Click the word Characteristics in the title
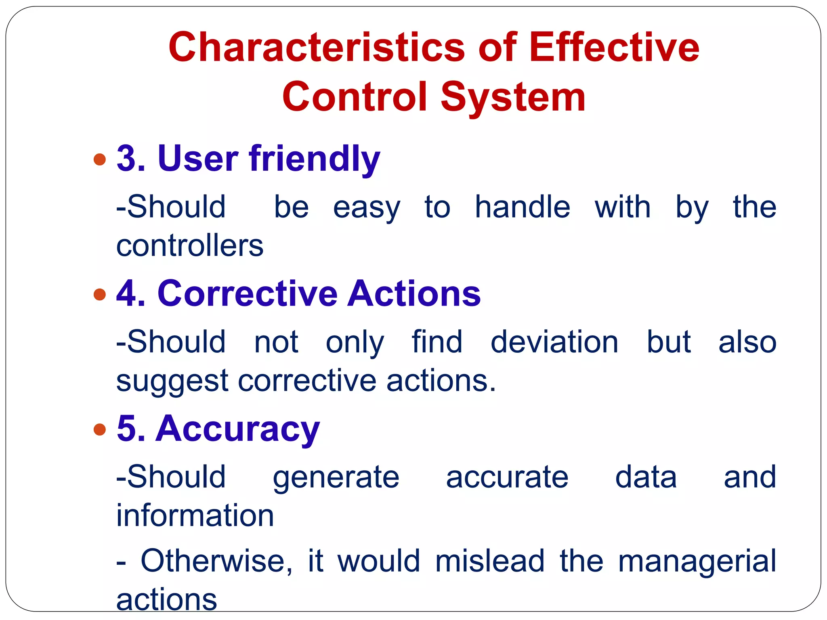point(317,48)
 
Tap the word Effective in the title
point(614,48)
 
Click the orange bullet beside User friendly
point(99,159)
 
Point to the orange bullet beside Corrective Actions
point(99,294)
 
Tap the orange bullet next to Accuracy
point(99,429)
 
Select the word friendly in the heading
point(315,158)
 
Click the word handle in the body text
point(522,207)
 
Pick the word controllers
point(190,246)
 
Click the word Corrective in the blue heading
point(247,293)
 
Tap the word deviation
point(554,342)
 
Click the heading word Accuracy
point(238,429)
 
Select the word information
point(195,516)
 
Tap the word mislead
point(489,561)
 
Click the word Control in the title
point(355,97)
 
